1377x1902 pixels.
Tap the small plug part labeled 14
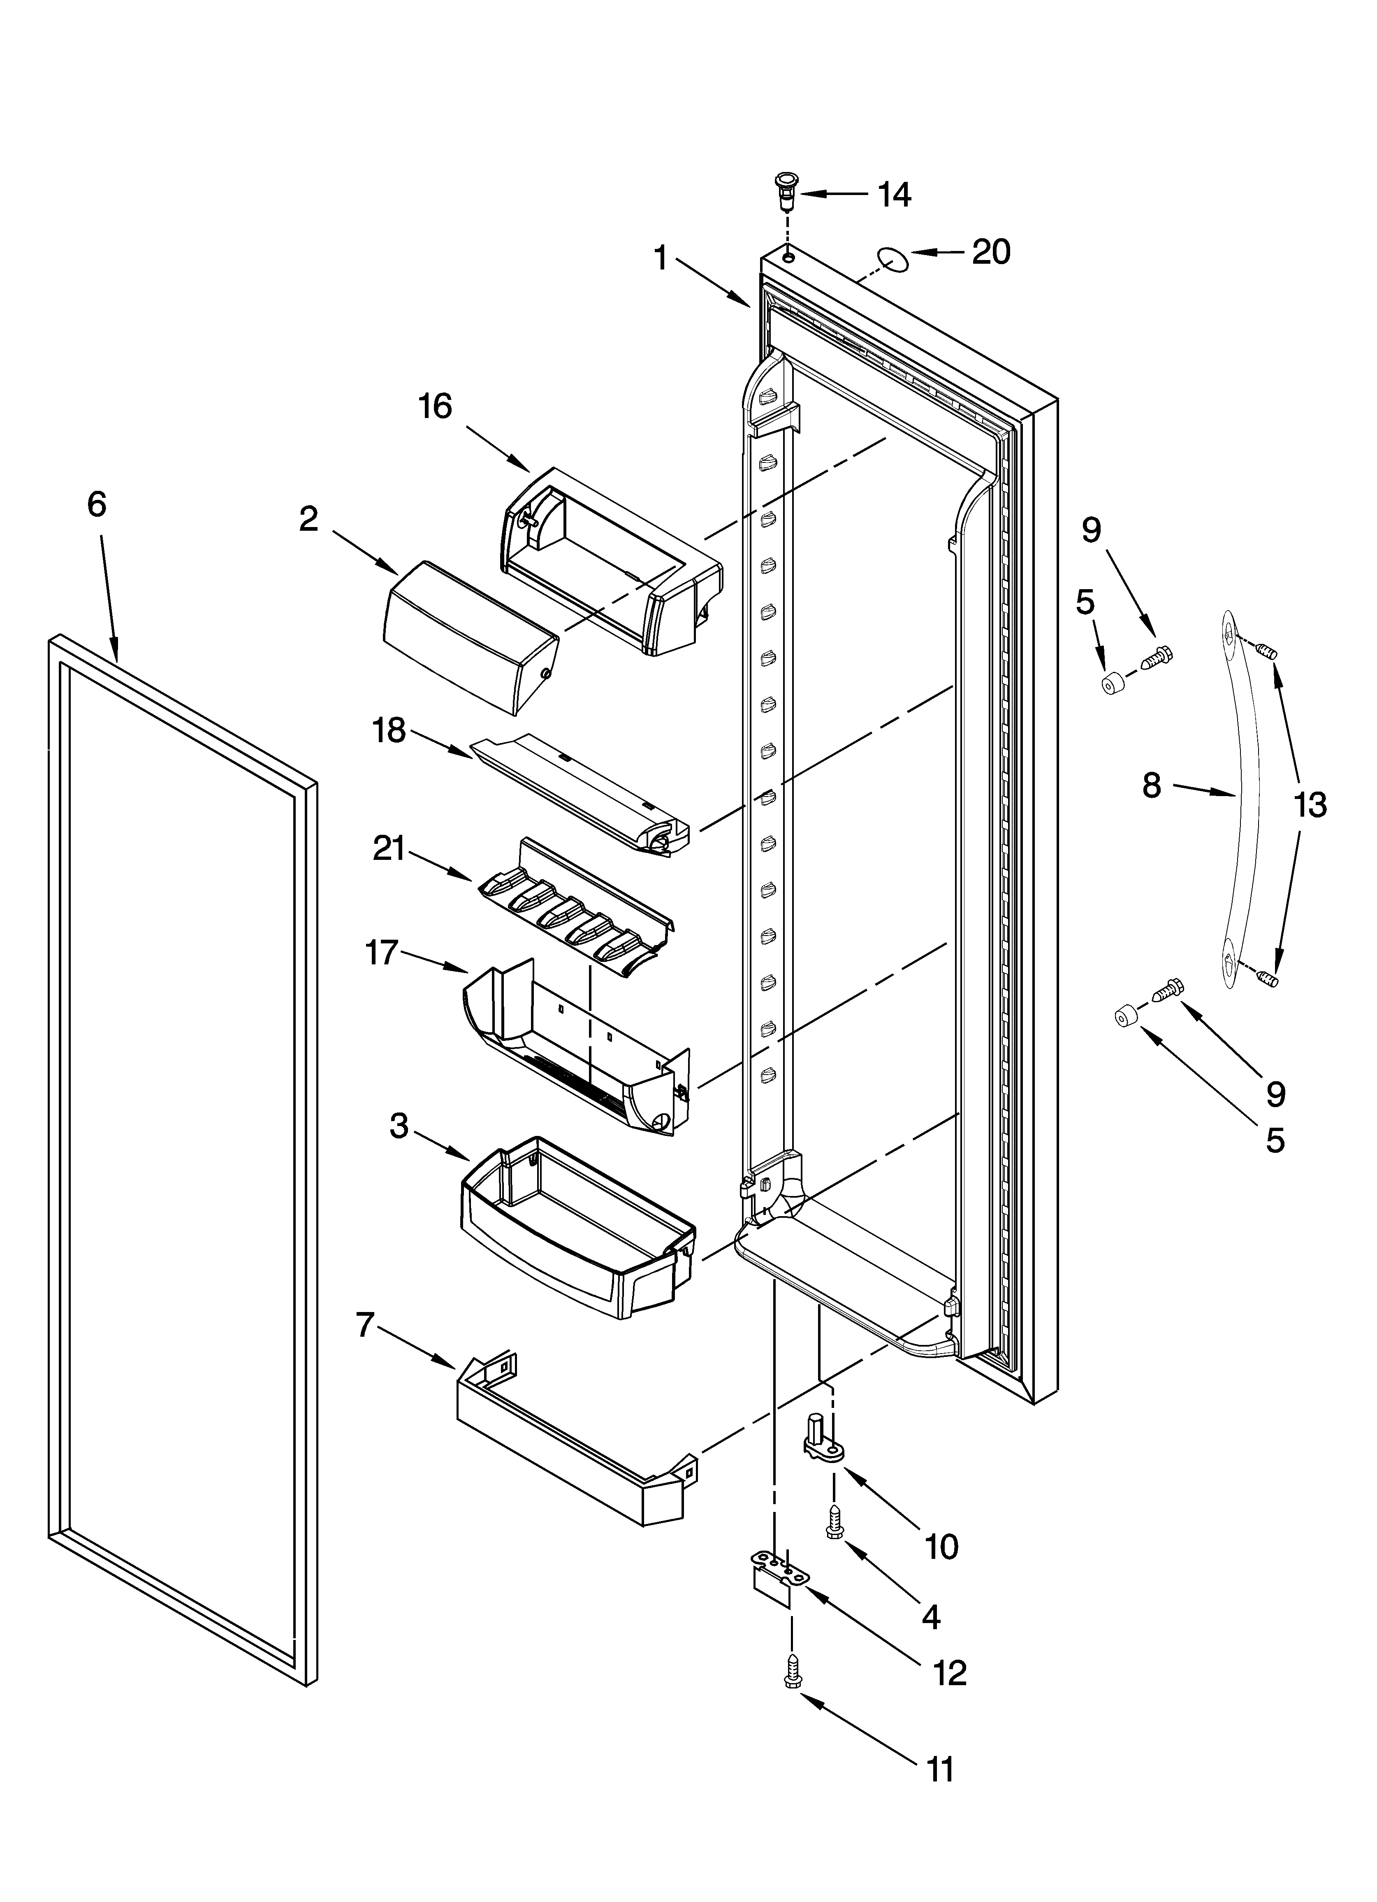pos(787,205)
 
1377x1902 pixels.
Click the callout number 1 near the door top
pos(661,258)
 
